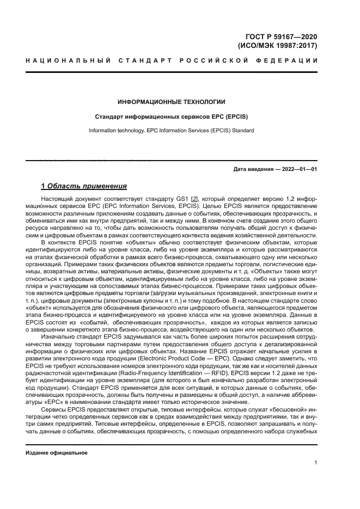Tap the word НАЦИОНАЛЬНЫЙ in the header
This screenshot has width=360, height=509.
(x=65, y=60)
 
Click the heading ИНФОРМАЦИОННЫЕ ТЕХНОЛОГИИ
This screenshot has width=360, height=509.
(x=172, y=102)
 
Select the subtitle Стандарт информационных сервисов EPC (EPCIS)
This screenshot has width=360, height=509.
(x=172, y=116)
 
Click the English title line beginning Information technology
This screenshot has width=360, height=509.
(x=172, y=131)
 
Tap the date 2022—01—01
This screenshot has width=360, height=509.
(x=298, y=169)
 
